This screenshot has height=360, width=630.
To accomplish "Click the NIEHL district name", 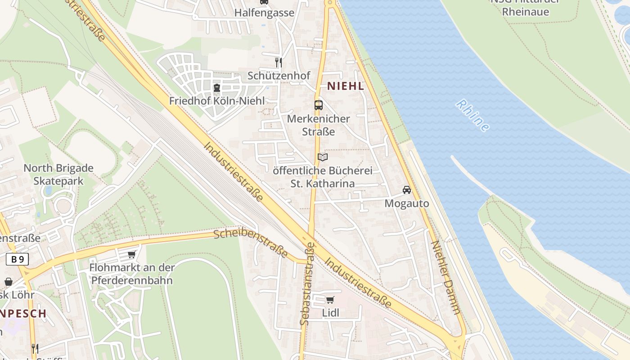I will tap(345, 86).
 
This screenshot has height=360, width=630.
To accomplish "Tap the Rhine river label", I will tap(472, 116).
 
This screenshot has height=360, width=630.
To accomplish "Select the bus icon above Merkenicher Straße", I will tap(319, 105).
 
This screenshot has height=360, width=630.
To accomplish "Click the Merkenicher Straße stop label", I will tap(318, 125).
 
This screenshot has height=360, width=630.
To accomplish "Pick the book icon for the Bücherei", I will tap(322, 157).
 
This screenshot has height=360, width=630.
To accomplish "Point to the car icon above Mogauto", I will tap(407, 190).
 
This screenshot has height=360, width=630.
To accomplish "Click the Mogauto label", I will tap(407, 203).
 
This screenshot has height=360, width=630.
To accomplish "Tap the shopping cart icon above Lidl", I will tap(330, 300).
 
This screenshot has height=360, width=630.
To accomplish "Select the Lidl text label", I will tap(330, 313).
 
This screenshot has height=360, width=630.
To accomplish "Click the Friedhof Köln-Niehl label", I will tap(217, 101).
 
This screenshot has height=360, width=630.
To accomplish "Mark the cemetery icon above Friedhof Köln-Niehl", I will tap(217, 87).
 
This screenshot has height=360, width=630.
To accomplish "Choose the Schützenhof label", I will tap(279, 76).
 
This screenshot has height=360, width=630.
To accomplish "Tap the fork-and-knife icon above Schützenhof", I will tap(279, 62).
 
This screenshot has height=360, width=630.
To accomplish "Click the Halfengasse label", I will tap(264, 13).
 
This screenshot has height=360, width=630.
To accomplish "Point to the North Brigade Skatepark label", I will tap(58, 175).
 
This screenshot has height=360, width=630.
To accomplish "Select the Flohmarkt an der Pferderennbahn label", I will tap(132, 274).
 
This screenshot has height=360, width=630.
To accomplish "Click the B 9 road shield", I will tap(18, 259).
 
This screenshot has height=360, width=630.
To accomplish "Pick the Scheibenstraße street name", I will tap(250, 243).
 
